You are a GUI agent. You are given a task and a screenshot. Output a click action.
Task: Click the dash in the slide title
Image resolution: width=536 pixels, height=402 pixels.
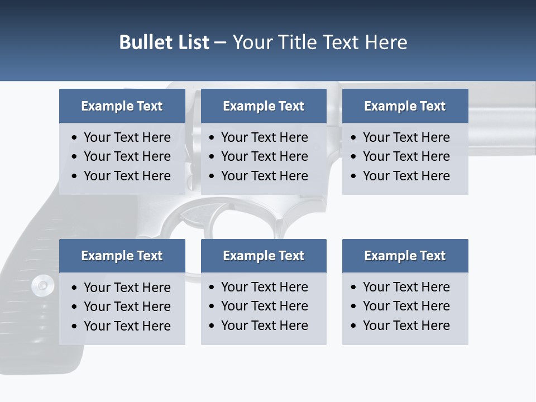point(221,43)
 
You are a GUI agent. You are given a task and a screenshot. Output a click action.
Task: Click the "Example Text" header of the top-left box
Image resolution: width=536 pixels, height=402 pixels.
point(122,106)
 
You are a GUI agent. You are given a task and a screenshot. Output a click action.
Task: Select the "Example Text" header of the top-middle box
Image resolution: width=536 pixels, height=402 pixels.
point(264,106)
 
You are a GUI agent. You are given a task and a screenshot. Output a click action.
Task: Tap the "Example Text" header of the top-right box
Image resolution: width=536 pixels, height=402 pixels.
point(405,106)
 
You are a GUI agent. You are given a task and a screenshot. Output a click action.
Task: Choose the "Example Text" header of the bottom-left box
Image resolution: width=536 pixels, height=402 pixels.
point(122,256)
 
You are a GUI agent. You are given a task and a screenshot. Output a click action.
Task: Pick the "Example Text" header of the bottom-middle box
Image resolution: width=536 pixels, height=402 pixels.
point(264,256)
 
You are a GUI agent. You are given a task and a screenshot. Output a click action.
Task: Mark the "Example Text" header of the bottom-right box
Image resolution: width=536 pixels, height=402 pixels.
point(405,256)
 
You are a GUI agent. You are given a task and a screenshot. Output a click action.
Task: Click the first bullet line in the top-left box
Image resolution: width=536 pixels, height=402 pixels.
point(127,137)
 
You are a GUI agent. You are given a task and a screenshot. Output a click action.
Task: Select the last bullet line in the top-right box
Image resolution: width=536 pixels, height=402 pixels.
point(406,176)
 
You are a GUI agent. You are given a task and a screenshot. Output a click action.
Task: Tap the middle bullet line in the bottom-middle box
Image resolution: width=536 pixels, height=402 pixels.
point(264,306)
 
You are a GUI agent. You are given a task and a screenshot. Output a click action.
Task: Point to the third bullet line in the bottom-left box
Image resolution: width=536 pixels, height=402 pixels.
point(127,326)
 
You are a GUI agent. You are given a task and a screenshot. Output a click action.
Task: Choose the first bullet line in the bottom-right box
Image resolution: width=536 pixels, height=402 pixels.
point(406,287)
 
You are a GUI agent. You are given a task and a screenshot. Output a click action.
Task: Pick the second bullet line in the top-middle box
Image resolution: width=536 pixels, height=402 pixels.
point(264,156)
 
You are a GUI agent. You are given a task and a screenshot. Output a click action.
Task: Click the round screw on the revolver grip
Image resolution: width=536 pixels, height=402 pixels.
point(42,285)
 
